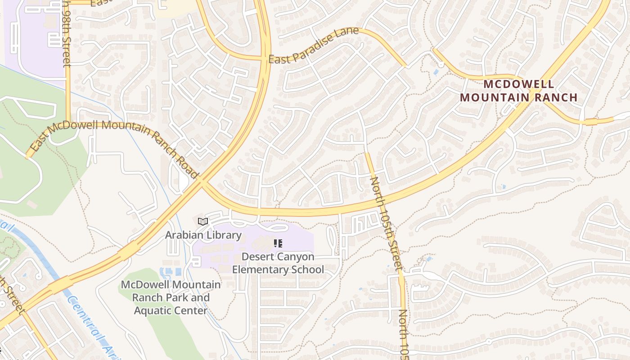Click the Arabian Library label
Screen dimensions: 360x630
203,235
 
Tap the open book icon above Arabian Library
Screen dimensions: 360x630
203,221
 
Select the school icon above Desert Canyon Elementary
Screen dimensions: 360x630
278,243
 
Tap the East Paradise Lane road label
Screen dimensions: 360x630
314,45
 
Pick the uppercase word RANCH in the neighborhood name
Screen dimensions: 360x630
557,97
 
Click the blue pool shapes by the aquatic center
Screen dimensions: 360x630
170,272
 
